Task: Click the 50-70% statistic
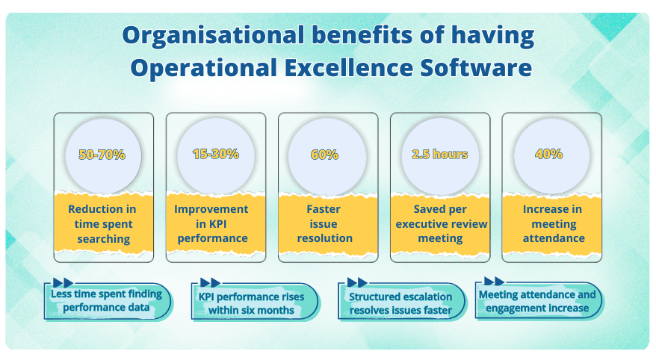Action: (x=102, y=155)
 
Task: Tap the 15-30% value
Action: (x=215, y=155)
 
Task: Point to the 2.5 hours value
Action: (x=439, y=155)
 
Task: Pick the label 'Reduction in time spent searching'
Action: (x=103, y=224)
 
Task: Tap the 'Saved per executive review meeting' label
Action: (x=439, y=224)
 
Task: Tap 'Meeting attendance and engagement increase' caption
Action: (x=537, y=301)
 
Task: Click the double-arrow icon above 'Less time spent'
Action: (x=64, y=283)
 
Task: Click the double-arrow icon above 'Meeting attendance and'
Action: (x=494, y=281)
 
